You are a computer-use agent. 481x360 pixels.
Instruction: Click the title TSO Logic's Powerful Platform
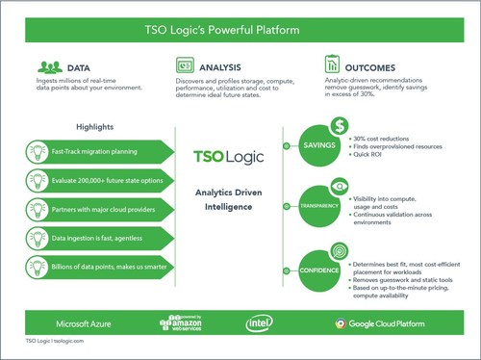tap(241, 30)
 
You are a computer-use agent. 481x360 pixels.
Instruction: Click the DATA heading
tap(80, 67)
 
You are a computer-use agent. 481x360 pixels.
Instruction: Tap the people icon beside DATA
tap(49, 67)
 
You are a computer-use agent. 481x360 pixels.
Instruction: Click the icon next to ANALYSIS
tap(187, 66)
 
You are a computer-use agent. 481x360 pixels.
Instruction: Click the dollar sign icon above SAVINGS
tap(339, 126)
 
